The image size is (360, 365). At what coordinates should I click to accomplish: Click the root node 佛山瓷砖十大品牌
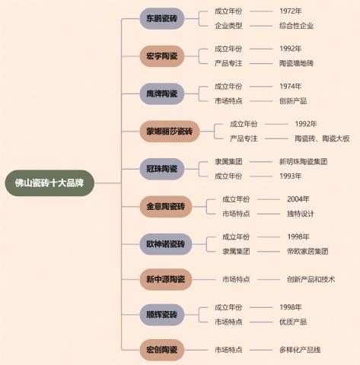tap(49, 183)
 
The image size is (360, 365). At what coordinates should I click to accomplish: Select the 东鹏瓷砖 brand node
tap(162, 18)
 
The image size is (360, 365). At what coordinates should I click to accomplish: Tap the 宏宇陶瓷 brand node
tap(162, 56)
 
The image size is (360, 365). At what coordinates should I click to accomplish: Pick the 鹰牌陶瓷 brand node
tap(162, 94)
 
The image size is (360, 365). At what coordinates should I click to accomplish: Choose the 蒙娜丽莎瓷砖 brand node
tap(170, 132)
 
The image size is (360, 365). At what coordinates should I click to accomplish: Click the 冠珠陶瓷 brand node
tap(162, 169)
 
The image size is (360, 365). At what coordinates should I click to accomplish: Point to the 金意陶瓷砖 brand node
tap(166, 207)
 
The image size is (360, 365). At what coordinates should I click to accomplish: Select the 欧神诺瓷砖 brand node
tap(166, 244)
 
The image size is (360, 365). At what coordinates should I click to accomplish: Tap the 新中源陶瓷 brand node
tap(166, 279)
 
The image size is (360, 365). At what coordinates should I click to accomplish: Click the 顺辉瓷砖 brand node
tap(162, 315)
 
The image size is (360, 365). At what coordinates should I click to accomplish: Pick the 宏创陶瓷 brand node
tap(162, 350)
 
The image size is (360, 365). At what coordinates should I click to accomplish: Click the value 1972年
tap(291, 11)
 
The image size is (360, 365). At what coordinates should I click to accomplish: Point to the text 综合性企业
tap(297, 26)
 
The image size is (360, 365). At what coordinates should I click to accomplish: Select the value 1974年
tap(291, 87)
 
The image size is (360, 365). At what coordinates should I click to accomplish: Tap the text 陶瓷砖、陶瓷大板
tap(322, 138)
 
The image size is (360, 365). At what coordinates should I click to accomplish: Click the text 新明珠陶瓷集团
tap(304, 161)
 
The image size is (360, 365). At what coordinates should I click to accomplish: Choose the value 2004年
tap(298, 199)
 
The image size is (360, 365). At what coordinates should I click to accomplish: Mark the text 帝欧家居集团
tap(307, 252)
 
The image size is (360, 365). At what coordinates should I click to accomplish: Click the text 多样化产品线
tap(300, 350)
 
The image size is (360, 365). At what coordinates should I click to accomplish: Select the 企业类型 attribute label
tap(228, 26)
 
